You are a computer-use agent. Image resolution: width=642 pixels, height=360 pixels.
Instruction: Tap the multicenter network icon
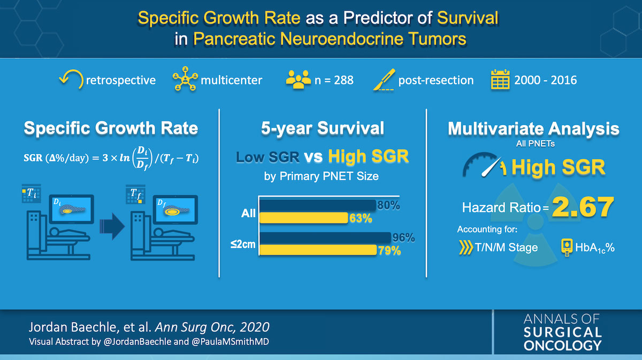pyautogui.click(x=185, y=79)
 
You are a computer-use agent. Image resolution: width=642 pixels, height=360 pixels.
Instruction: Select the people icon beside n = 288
pyautogui.click(x=299, y=79)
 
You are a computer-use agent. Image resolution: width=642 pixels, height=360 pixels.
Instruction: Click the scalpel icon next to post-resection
pyautogui.click(x=384, y=80)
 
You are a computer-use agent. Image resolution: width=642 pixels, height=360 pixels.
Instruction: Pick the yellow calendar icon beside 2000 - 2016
pyautogui.click(x=500, y=79)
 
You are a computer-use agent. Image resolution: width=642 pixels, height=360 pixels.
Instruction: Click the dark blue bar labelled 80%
pyautogui.click(x=318, y=205)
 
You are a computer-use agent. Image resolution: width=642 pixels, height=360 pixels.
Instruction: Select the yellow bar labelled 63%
pyautogui.click(x=303, y=218)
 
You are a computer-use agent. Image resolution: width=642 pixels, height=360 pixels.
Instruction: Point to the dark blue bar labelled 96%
pyautogui.click(x=325, y=238)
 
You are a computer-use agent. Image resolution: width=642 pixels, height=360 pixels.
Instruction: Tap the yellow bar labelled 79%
pyautogui.click(x=318, y=250)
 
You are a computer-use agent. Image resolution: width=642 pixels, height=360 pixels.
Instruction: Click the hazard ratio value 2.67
pyautogui.click(x=583, y=206)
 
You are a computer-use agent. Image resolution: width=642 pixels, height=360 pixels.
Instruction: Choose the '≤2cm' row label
pyautogui.click(x=243, y=244)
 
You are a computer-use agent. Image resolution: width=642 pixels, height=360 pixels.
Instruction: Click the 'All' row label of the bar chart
pyautogui.click(x=248, y=213)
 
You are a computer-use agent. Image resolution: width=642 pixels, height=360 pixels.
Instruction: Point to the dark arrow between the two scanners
pyautogui.click(x=112, y=226)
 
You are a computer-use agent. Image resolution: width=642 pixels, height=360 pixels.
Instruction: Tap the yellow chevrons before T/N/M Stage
pyautogui.click(x=466, y=247)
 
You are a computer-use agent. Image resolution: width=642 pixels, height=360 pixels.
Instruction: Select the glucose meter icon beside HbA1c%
pyautogui.click(x=567, y=247)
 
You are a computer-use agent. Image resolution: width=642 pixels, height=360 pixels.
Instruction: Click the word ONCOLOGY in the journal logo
pyautogui.click(x=562, y=346)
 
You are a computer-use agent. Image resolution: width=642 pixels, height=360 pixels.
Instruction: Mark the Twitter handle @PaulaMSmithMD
pyautogui.click(x=230, y=342)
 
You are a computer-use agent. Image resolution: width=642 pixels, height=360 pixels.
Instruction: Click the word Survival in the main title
pyautogui.click(x=468, y=18)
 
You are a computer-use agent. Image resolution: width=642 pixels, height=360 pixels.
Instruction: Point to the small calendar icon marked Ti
pyautogui.click(x=31, y=194)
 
